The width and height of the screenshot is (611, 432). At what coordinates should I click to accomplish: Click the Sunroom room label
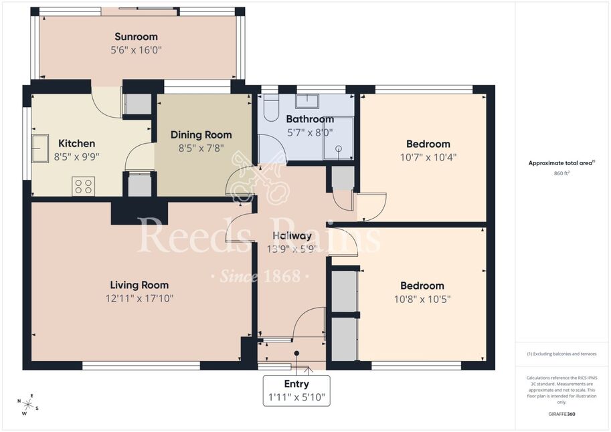click(136, 37)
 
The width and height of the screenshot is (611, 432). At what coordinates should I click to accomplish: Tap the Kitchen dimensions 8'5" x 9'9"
click(77, 156)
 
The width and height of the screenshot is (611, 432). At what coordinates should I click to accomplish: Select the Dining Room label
click(201, 135)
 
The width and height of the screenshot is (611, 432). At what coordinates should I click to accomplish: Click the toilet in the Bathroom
click(270, 108)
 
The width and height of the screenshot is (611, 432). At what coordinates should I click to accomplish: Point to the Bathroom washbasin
click(307, 101)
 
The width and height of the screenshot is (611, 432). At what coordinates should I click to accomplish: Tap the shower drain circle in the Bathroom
click(339, 148)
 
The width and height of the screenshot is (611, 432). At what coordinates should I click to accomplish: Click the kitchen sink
click(39, 148)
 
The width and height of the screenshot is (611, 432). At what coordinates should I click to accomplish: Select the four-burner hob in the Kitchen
click(83, 186)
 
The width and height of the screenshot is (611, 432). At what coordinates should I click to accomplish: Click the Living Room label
click(139, 285)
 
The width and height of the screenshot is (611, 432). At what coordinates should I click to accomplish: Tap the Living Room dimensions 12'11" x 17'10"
click(139, 298)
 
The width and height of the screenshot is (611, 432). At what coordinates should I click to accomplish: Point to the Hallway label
click(292, 235)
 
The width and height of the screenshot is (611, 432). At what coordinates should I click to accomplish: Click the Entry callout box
click(296, 391)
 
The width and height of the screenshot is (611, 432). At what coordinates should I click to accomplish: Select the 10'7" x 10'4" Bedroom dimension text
click(428, 157)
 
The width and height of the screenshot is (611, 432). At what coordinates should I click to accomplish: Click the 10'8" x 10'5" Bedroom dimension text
click(422, 299)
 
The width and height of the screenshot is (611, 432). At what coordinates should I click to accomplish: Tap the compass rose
click(27, 405)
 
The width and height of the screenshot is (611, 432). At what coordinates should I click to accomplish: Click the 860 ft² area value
click(561, 173)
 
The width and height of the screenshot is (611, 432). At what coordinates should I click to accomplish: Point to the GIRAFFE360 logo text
click(561, 414)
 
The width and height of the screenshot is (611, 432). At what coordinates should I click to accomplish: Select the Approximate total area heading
click(561, 163)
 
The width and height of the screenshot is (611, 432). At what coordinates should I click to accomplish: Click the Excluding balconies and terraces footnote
click(561, 354)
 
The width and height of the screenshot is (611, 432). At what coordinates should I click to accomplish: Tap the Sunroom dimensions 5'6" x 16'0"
click(136, 50)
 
